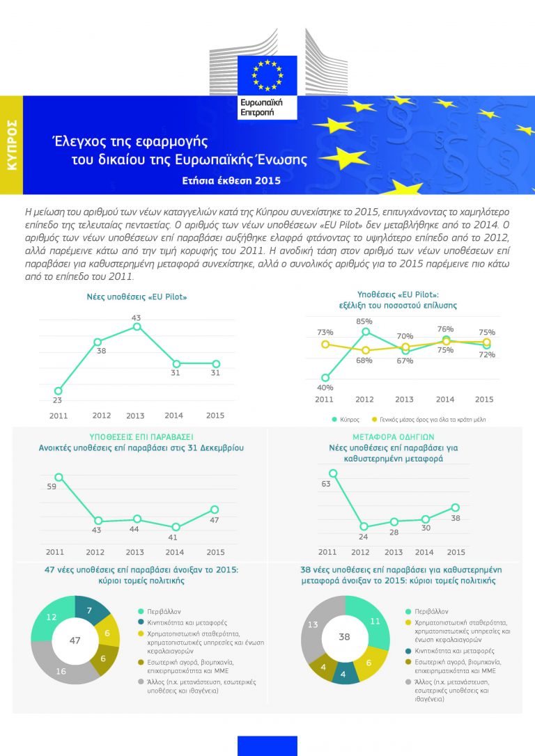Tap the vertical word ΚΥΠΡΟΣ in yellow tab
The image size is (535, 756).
pos(11,145)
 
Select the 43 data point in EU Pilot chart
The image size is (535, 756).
pos(137,326)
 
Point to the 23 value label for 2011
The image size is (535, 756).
pos(57,400)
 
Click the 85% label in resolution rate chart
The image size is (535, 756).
pos(364,321)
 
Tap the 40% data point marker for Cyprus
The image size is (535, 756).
pos(325,378)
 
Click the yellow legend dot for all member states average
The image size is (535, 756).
pos(374,420)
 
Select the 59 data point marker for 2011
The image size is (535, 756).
pos(59,478)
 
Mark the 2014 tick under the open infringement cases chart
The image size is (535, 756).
pos(174,552)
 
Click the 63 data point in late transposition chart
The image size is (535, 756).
pos(333,473)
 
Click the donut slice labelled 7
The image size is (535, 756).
pos(93,611)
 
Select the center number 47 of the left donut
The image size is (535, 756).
pos(75,640)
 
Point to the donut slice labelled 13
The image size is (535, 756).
pos(313,625)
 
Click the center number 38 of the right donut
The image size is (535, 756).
pos(344,636)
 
